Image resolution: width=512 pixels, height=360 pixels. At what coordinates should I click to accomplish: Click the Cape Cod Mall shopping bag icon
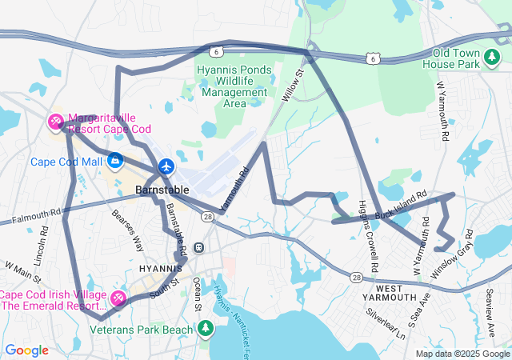pos(114,161)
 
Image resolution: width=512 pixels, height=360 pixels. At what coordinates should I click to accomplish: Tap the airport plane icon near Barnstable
pos(166,167)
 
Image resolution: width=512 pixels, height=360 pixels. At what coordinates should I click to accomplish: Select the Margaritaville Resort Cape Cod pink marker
pos(57,122)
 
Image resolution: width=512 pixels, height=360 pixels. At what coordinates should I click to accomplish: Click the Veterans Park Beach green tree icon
pos(206,329)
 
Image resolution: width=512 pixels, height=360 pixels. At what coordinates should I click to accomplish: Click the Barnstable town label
pos(162,190)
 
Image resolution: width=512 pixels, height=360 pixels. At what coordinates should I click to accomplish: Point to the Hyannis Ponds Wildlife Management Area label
pos(234,86)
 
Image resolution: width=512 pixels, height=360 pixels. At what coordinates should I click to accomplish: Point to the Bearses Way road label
pos(128,232)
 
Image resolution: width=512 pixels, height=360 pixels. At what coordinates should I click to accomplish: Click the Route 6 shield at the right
pos(372,58)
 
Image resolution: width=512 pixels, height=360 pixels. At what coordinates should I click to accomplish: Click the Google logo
pos(26,350)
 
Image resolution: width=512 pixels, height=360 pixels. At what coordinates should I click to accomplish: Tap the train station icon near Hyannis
pos(198,247)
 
